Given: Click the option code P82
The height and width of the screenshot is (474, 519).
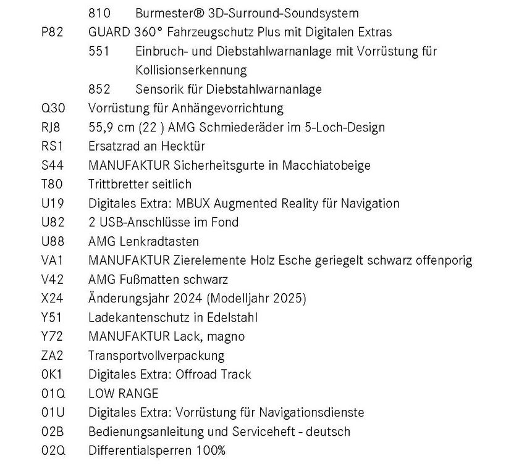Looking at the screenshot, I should click(x=52, y=32).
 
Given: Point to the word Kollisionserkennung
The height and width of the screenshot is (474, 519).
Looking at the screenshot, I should click(x=191, y=70).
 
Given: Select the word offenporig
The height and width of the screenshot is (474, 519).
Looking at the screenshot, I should click(x=442, y=260).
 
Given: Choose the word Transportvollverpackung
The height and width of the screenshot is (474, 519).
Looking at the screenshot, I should click(x=156, y=355).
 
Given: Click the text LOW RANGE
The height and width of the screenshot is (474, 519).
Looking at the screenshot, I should click(x=124, y=394).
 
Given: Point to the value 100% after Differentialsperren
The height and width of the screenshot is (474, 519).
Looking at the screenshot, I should click(x=212, y=451).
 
